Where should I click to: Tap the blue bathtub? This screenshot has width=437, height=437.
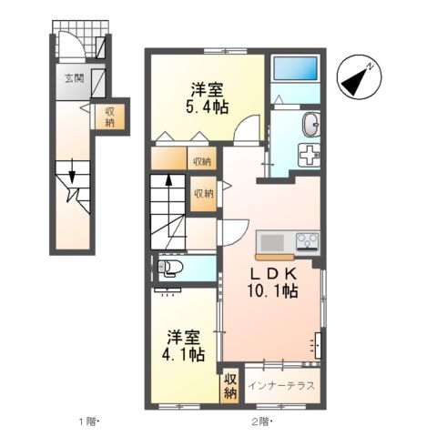point(294,70)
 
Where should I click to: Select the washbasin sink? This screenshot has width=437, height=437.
point(310,123)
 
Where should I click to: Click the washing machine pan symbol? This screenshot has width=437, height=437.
point(311,154)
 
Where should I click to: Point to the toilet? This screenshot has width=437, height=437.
point(168,268)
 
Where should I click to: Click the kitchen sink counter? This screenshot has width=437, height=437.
point(273,243)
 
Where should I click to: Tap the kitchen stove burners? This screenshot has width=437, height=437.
point(306,243)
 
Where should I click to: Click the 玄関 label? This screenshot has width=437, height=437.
point(75,79)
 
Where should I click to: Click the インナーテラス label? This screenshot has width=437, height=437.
point(281,385)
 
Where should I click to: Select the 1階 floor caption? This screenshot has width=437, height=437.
point(87,422)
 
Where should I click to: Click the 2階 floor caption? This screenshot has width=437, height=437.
point(262,422)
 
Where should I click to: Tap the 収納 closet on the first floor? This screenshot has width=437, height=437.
point(109,117)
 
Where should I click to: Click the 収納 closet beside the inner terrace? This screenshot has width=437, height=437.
point(229,385)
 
